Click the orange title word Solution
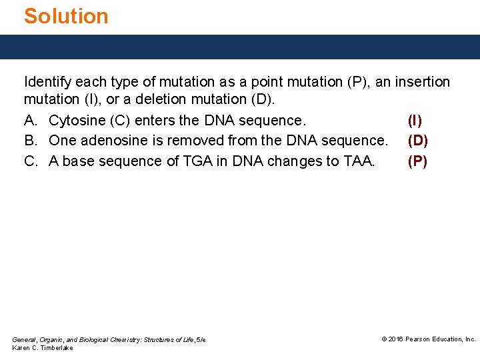(66, 16)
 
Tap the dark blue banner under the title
(240, 47)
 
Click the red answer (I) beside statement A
(415, 121)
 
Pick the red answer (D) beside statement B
(417, 141)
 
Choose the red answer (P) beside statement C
(417, 161)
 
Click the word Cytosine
(76, 121)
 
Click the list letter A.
(30, 121)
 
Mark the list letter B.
(30, 141)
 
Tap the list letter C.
(30, 161)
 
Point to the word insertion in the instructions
(423, 82)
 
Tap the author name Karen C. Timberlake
(43, 348)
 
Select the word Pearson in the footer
(422, 339)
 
